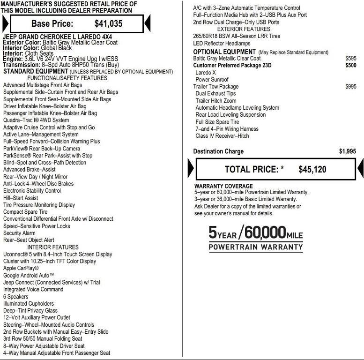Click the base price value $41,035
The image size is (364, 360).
tap(108, 23)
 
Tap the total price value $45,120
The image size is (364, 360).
tap(312, 169)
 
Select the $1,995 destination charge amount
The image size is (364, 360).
tap(347, 151)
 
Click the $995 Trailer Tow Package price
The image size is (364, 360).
tap(350, 87)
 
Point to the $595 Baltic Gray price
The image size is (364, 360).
tap(350, 59)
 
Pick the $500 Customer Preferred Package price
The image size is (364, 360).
tap(350, 66)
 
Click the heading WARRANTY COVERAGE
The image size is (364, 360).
tap(223, 186)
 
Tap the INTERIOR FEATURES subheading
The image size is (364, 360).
tap(53, 247)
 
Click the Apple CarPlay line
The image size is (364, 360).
tap(21, 268)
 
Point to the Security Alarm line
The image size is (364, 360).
tap(19, 233)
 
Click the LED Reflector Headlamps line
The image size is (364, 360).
tap(222, 44)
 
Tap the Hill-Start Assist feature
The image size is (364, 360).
tap(21, 198)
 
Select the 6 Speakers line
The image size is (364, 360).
tap(15, 297)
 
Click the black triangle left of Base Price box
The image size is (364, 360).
tap(5, 23)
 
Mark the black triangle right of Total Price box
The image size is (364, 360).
tap(360, 169)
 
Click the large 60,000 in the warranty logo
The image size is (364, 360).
tap(265, 233)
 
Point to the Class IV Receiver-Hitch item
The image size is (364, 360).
tap(222, 136)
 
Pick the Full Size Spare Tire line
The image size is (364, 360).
tap(217, 122)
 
